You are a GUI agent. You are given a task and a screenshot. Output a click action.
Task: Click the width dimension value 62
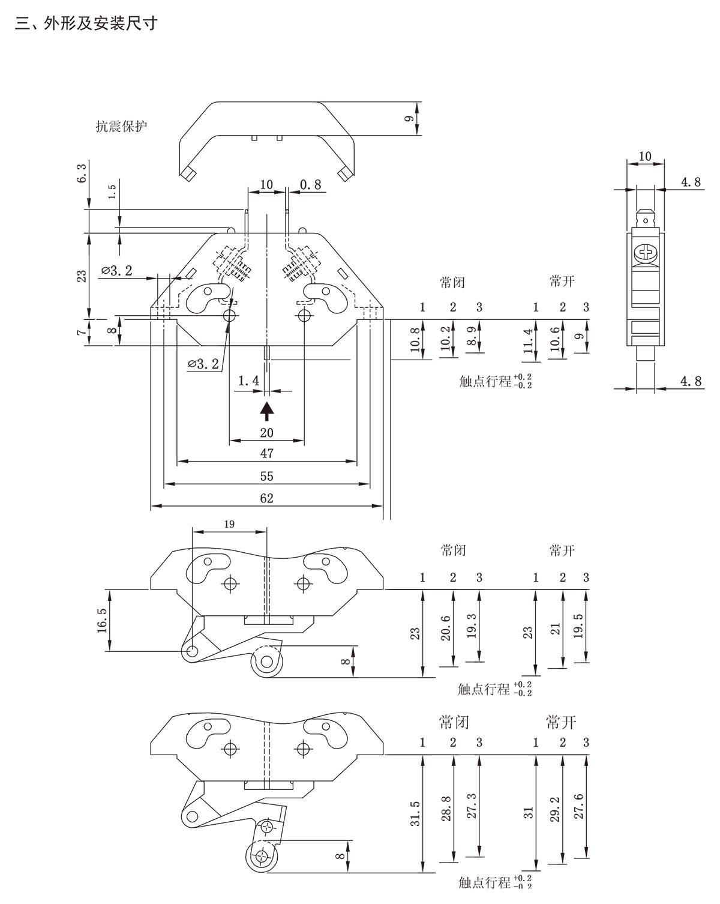[x=266, y=498]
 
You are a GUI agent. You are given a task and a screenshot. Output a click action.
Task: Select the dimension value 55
[x=266, y=476]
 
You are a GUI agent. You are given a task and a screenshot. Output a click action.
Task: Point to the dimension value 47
[x=266, y=454]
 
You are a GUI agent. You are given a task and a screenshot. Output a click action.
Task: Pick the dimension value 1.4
[x=248, y=380]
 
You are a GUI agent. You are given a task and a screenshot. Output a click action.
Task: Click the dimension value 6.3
[x=82, y=175]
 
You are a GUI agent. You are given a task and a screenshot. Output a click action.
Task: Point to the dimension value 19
[x=229, y=524]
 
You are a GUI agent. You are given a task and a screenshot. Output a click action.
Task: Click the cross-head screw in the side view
[x=646, y=252]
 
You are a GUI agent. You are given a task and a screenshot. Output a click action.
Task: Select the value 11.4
[x=528, y=341]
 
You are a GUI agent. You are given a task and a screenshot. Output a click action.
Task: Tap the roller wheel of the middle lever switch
[x=265, y=664]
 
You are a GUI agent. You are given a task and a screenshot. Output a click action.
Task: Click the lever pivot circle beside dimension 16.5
[x=191, y=651]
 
